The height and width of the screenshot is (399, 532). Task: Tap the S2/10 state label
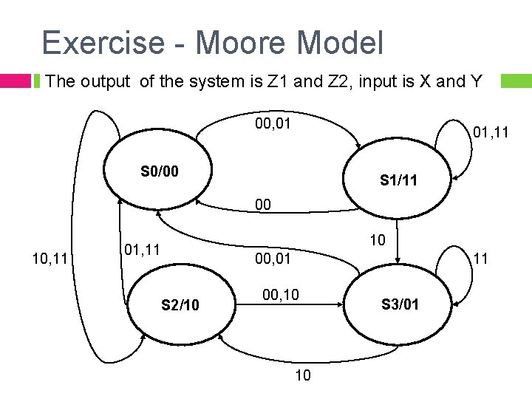(181, 304)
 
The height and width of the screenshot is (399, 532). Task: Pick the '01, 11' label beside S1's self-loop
(491, 133)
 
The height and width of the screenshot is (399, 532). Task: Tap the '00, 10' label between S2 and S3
(281, 296)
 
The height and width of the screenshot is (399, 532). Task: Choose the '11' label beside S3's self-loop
(481, 258)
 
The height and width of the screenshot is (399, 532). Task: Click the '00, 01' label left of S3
(273, 258)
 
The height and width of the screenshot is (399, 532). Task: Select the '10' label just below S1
(377, 241)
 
